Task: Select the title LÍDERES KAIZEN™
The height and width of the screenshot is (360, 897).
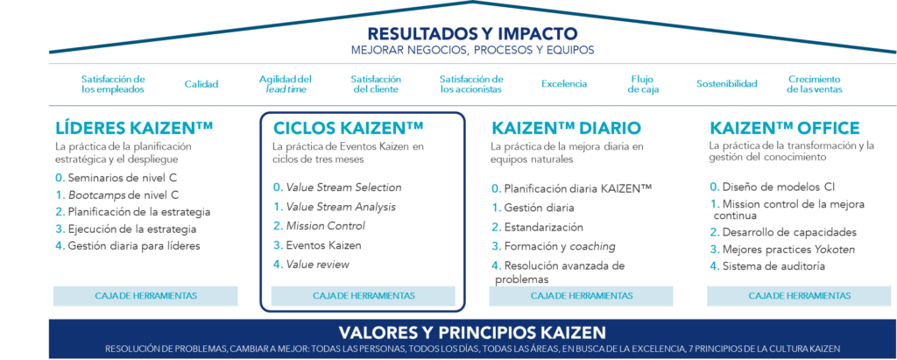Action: (x=134, y=128)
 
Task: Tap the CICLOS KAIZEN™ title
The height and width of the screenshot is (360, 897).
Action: (x=349, y=128)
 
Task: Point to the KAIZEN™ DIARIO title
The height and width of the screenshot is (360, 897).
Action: (x=566, y=128)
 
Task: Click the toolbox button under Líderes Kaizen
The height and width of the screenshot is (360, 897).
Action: (x=145, y=295)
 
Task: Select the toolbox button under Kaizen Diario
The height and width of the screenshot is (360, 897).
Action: (x=582, y=295)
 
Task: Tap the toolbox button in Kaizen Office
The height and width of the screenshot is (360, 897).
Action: (x=799, y=295)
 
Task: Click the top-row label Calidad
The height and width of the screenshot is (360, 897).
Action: (x=201, y=84)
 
